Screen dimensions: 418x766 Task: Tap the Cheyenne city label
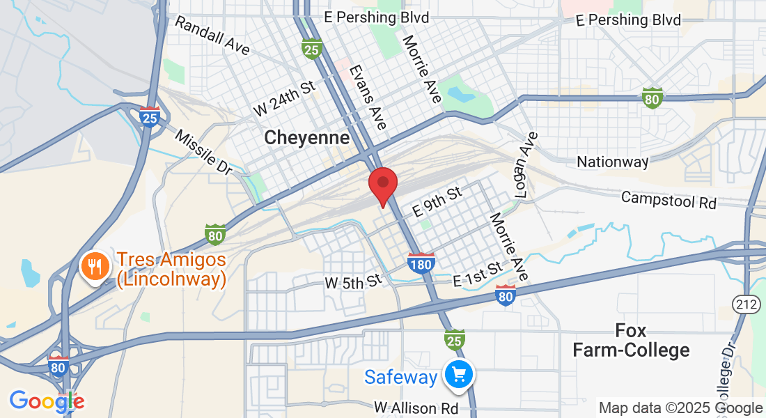click(306, 138)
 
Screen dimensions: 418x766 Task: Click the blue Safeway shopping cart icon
click(458, 376)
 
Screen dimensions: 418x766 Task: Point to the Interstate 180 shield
click(421, 262)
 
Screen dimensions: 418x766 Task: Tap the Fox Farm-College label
click(631, 340)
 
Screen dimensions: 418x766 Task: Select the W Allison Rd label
click(416, 408)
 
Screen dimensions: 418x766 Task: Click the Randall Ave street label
click(212, 36)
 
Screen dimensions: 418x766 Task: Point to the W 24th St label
click(284, 98)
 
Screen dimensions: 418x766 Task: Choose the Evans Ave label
click(368, 98)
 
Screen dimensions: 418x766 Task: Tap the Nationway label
click(613, 162)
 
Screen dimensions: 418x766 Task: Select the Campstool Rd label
click(669, 200)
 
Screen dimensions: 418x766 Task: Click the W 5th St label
click(354, 282)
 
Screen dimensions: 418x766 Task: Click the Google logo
click(47, 401)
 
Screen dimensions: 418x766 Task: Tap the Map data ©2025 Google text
click(680, 408)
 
